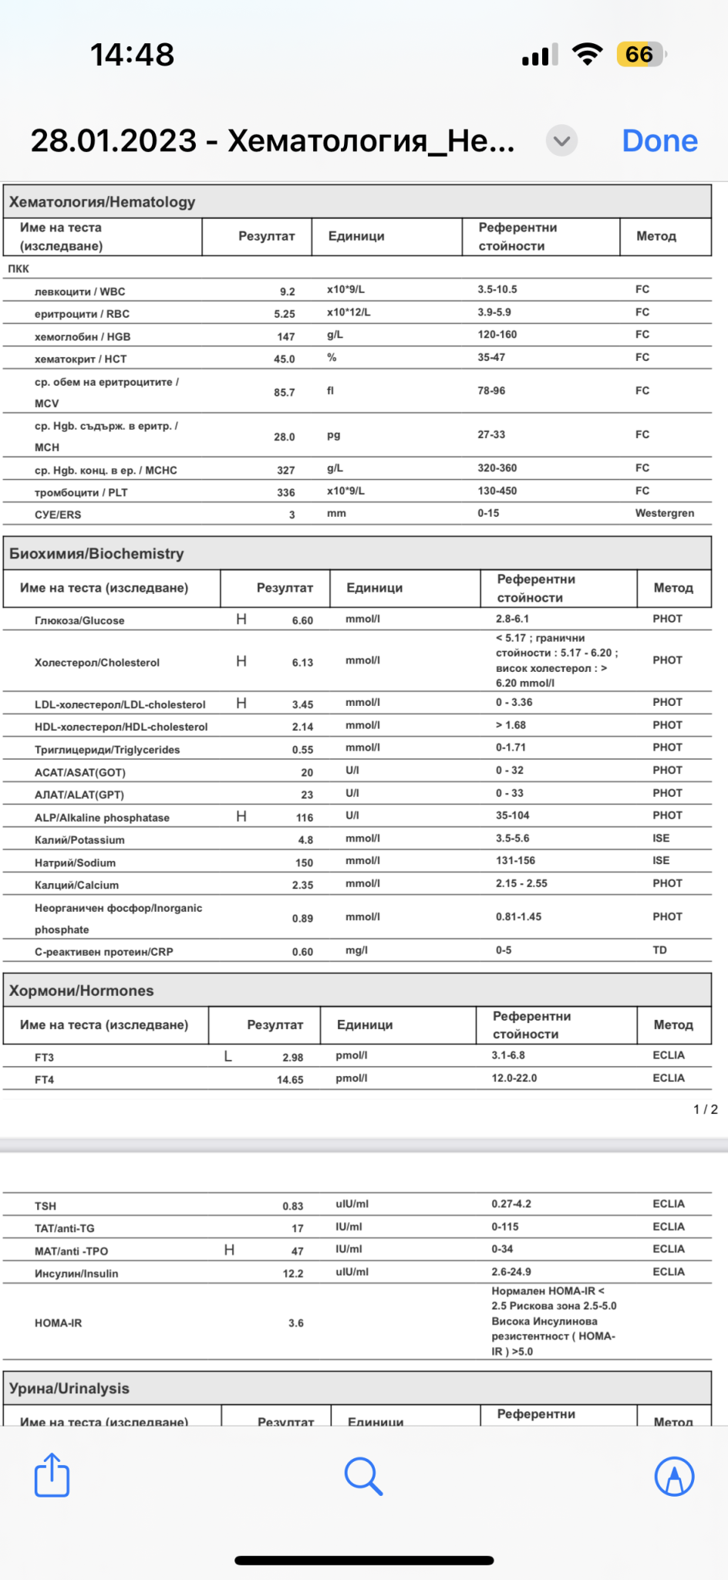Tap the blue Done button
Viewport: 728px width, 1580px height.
(x=659, y=141)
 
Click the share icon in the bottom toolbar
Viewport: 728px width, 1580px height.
(x=52, y=1475)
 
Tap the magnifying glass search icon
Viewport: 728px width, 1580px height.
(x=363, y=1476)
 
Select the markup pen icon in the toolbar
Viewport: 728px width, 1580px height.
(x=674, y=1476)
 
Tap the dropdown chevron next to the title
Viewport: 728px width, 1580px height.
(x=562, y=140)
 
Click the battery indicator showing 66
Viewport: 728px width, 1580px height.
(x=640, y=55)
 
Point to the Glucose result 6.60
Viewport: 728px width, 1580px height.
(x=302, y=620)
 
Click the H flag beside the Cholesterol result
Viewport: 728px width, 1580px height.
(x=241, y=661)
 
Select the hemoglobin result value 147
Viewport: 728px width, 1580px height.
(x=286, y=336)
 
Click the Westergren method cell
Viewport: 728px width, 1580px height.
(x=664, y=513)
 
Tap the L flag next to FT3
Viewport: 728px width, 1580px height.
(x=228, y=1056)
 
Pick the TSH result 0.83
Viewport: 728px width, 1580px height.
(x=292, y=1206)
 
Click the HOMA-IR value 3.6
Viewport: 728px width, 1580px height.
(x=296, y=1323)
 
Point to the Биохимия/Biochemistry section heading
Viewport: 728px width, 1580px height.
(x=96, y=553)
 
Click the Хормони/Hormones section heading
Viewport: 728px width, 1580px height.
(x=81, y=991)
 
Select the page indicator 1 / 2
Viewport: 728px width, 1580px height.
(x=705, y=1109)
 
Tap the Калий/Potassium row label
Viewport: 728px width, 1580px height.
(x=79, y=840)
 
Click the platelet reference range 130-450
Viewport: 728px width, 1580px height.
(x=497, y=491)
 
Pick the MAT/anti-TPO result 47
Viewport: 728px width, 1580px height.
(x=297, y=1251)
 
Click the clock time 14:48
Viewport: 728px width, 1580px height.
(x=133, y=55)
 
